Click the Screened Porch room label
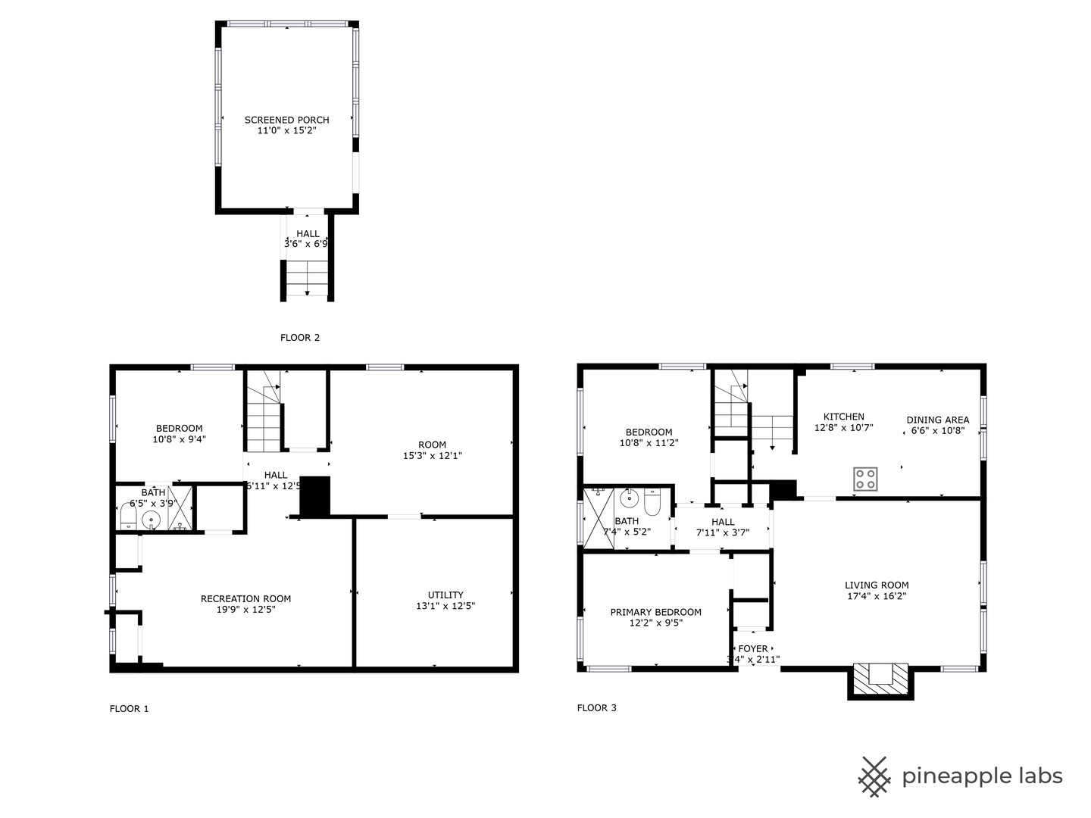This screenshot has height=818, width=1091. (x=286, y=120)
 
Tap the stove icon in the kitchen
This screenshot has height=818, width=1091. (x=865, y=479)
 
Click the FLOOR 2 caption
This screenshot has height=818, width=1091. (x=300, y=338)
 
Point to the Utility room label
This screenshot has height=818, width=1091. (x=445, y=595)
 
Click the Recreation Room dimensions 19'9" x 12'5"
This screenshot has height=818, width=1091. (x=245, y=609)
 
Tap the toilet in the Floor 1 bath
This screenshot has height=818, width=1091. (x=128, y=517)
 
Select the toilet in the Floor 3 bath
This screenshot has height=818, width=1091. (x=652, y=503)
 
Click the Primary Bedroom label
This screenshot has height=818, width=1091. (x=656, y=612)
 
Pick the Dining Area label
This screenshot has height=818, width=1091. (x=937, y=420)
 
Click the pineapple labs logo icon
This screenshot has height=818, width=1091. (x=874, y=776)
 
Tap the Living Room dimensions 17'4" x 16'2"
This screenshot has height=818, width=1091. (x=877, y=595)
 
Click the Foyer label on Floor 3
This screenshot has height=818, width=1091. (x=752, y=648)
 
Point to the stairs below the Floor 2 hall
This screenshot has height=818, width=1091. (x=307, y=279)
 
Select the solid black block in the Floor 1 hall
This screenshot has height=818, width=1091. (x=316, y=497)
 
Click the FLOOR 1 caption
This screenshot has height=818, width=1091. (x=130, y=709)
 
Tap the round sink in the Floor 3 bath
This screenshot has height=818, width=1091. (x=628, y=498)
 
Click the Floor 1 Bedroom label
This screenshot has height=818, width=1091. (x=180, y=428)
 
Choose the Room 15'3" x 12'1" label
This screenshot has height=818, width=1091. (x=432, y=445)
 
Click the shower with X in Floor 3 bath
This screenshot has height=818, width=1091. (x=598, y=518)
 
